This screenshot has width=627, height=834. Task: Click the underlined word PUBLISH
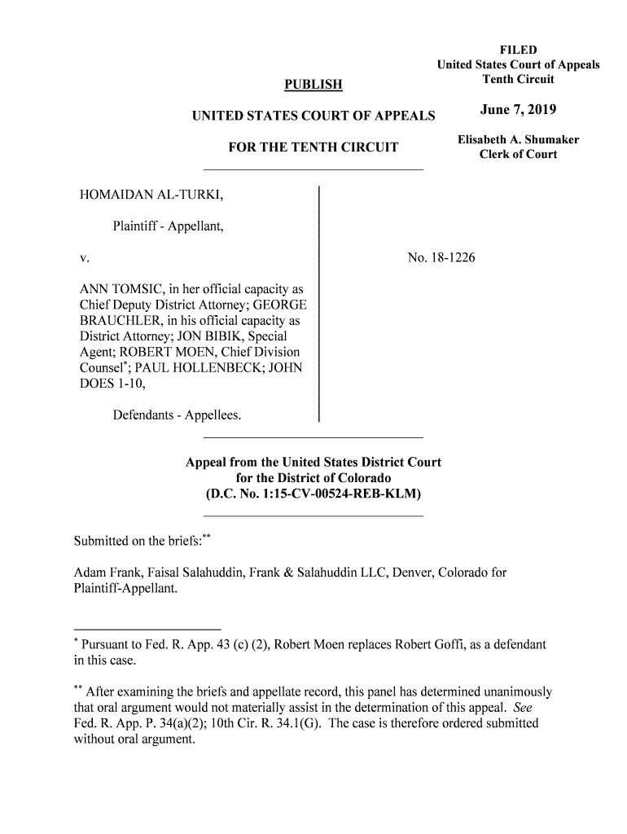[x=313, y=85]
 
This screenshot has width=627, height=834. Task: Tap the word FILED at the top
[x=518, y=50]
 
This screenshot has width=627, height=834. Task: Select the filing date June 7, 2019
[x=518, y=111]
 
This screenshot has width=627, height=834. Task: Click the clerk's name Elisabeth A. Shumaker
[x=518, y=140]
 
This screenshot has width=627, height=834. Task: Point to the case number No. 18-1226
[x=441, y=258]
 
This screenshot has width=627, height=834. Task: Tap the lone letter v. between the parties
[x=83, y=258]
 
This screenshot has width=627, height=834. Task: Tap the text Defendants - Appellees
[x=178, y=415]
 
